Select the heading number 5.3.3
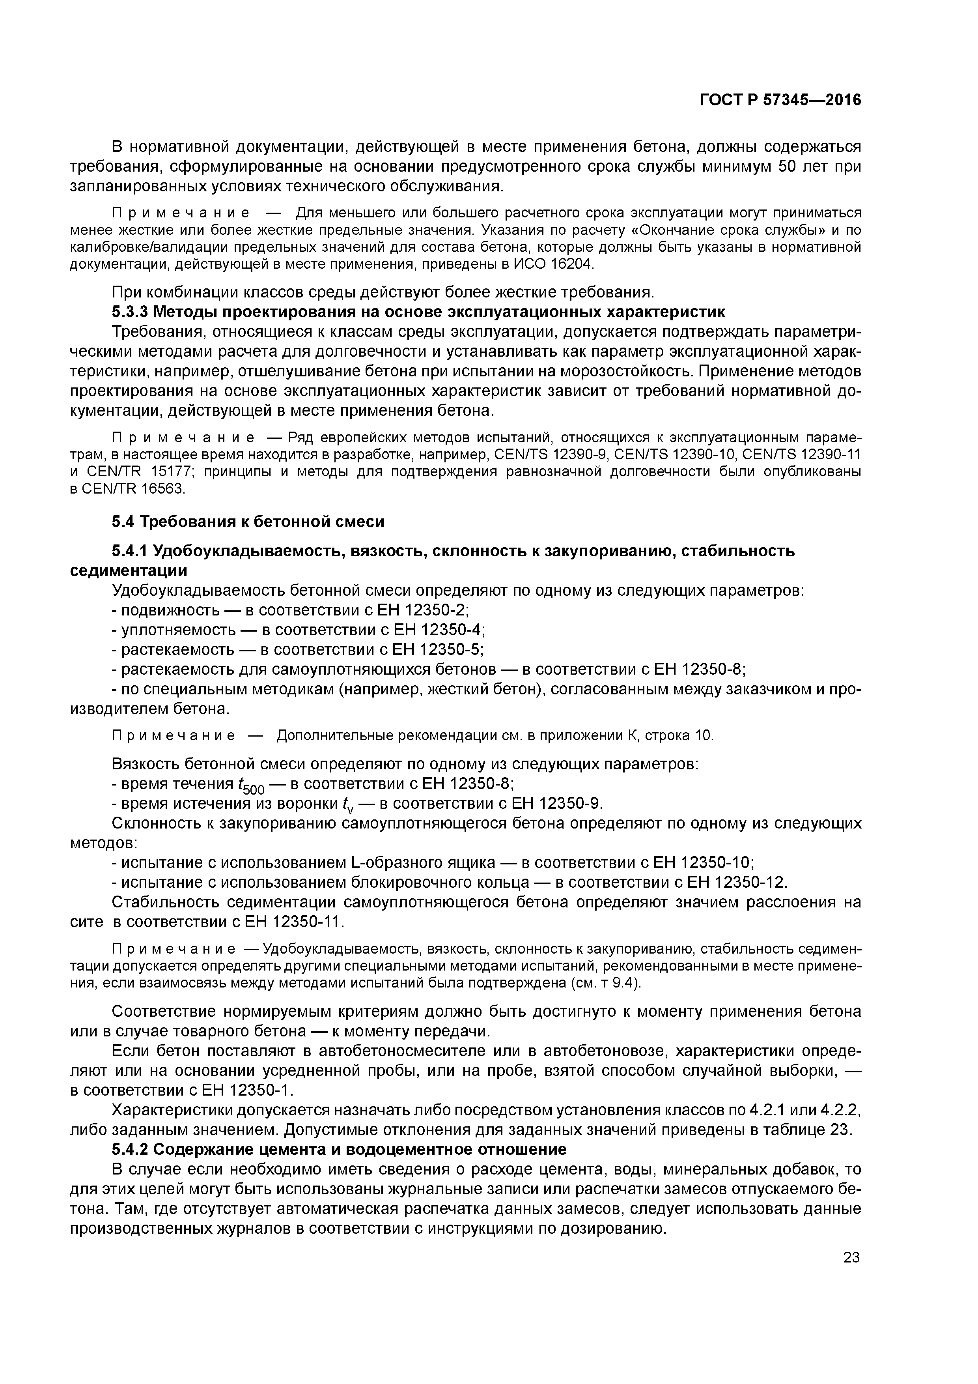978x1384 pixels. click(x=130, y=312)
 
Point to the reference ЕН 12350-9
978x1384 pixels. click(x=556, y=804)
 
